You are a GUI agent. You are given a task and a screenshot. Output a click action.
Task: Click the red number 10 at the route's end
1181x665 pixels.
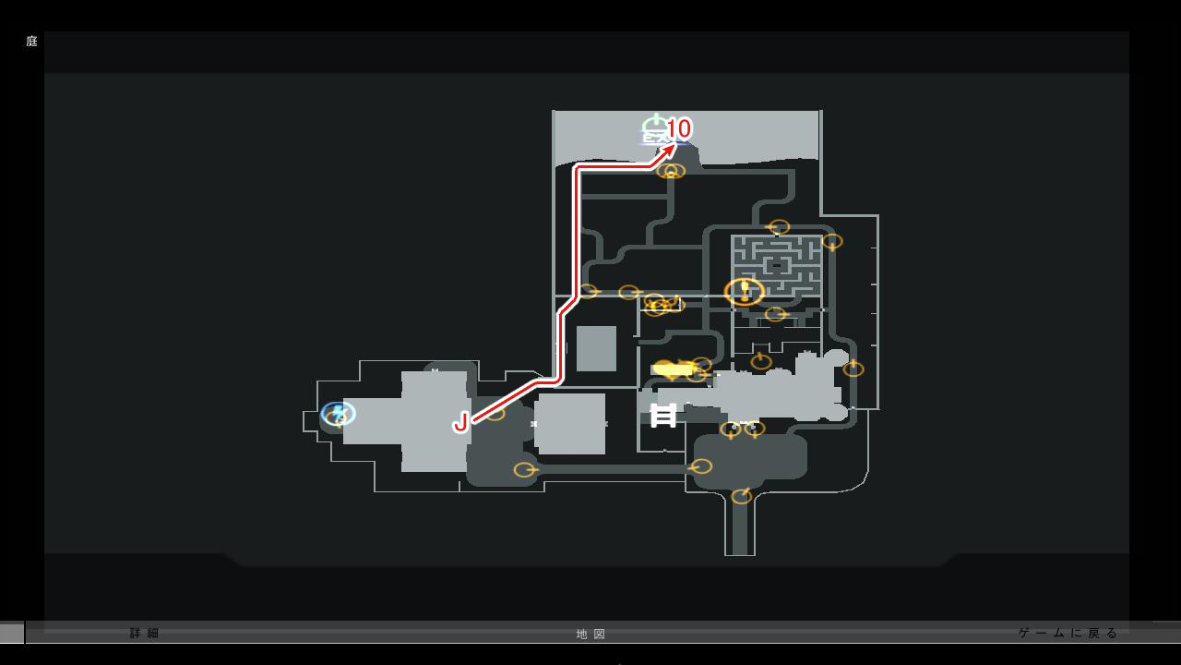678,128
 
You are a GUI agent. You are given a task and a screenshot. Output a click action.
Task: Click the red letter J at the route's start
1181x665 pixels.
460,423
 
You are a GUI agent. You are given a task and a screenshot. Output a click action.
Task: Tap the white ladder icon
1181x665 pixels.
663,416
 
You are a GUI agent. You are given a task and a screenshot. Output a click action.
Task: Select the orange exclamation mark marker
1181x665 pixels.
745,291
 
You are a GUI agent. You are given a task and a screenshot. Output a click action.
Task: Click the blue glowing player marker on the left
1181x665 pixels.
338,413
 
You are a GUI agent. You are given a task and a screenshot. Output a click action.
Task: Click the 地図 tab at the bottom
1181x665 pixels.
591,635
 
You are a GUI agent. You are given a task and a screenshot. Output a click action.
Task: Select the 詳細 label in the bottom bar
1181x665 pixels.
145,634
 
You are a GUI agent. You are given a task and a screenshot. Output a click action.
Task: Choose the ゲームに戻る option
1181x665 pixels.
1068,633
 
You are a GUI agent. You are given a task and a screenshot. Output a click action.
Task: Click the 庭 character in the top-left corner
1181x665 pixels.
31,42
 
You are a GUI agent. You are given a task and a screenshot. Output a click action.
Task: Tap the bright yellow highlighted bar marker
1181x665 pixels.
673,369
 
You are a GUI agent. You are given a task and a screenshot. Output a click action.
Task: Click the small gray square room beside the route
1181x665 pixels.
596,348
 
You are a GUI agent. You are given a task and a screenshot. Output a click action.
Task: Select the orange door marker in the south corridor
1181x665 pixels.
741,497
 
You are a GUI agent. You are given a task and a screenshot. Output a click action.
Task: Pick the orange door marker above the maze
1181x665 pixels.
779,227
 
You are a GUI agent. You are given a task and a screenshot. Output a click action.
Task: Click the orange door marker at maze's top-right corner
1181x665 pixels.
831,242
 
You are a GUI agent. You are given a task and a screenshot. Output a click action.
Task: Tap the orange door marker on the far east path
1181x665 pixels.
853,369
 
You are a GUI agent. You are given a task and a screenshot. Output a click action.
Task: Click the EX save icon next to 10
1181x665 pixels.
655,130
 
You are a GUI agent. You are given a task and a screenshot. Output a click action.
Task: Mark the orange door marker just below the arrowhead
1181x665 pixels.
672,171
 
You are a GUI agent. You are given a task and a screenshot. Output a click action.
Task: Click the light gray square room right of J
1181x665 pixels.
571,424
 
